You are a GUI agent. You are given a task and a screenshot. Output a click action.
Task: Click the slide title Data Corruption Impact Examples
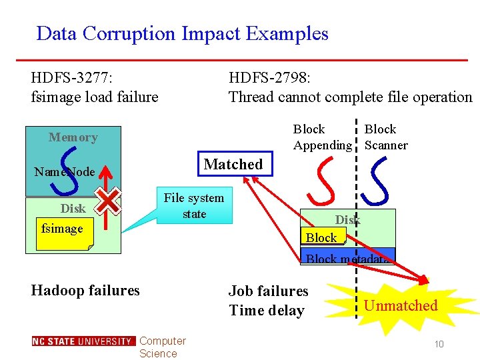[182, 33]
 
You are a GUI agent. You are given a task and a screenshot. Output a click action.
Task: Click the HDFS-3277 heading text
[95, 87]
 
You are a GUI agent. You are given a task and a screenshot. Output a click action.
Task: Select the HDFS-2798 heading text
[350, 87]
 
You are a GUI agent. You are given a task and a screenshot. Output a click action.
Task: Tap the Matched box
[233, 164]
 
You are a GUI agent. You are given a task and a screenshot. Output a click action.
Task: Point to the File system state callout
[194, 205]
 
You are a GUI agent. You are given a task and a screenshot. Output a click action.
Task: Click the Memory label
[73, 137]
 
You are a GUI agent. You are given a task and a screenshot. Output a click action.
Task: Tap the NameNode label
[65, 172]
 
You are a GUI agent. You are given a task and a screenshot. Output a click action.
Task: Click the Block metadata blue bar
[347, 257]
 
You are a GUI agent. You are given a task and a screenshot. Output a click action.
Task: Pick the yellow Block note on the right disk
[323, 237]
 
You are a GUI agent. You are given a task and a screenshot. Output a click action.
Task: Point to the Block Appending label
[321, 137]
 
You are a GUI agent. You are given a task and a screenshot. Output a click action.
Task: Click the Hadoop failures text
[85, 290]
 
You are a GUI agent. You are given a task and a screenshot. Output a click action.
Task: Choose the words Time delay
[266, 310]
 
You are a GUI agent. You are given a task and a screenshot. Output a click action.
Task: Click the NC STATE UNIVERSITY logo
[83, 341]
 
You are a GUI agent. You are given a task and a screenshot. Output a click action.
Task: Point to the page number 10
[439, 343]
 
